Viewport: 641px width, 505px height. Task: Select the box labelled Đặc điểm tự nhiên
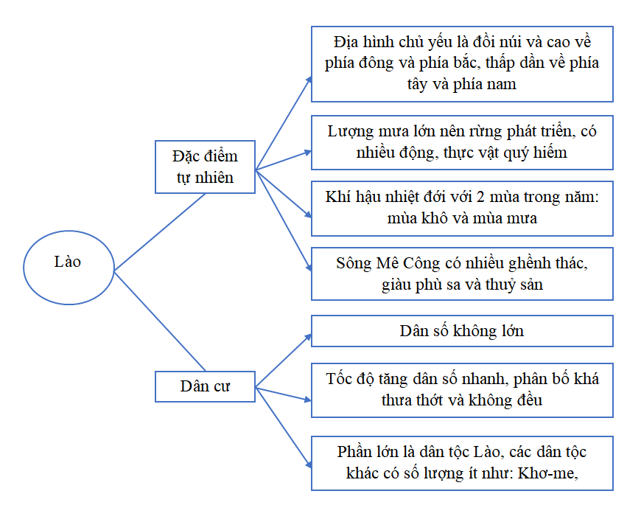(x=205, y=167)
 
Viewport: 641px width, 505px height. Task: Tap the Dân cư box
(x=205, y=386)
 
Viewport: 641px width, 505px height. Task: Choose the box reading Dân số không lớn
(x=462, y=331)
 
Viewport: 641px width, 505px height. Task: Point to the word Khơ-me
(x=547, y=473)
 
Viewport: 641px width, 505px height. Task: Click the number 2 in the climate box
(x=480, y=197)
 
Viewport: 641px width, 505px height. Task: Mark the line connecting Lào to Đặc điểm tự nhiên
(x=160, y=231)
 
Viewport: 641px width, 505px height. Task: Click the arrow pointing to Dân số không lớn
(x=284, y=361)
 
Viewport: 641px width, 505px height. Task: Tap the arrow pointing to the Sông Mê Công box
(x=284, y=220)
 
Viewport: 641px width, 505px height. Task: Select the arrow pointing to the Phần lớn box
(x=284, y=428)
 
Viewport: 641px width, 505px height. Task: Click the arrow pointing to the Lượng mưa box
(x=284, y=160)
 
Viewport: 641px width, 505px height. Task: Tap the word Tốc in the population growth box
(x=338, y=379)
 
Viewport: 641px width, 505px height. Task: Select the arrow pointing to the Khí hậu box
(x=284, y=193)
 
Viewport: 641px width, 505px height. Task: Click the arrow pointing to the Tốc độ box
(x=284, y=394)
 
